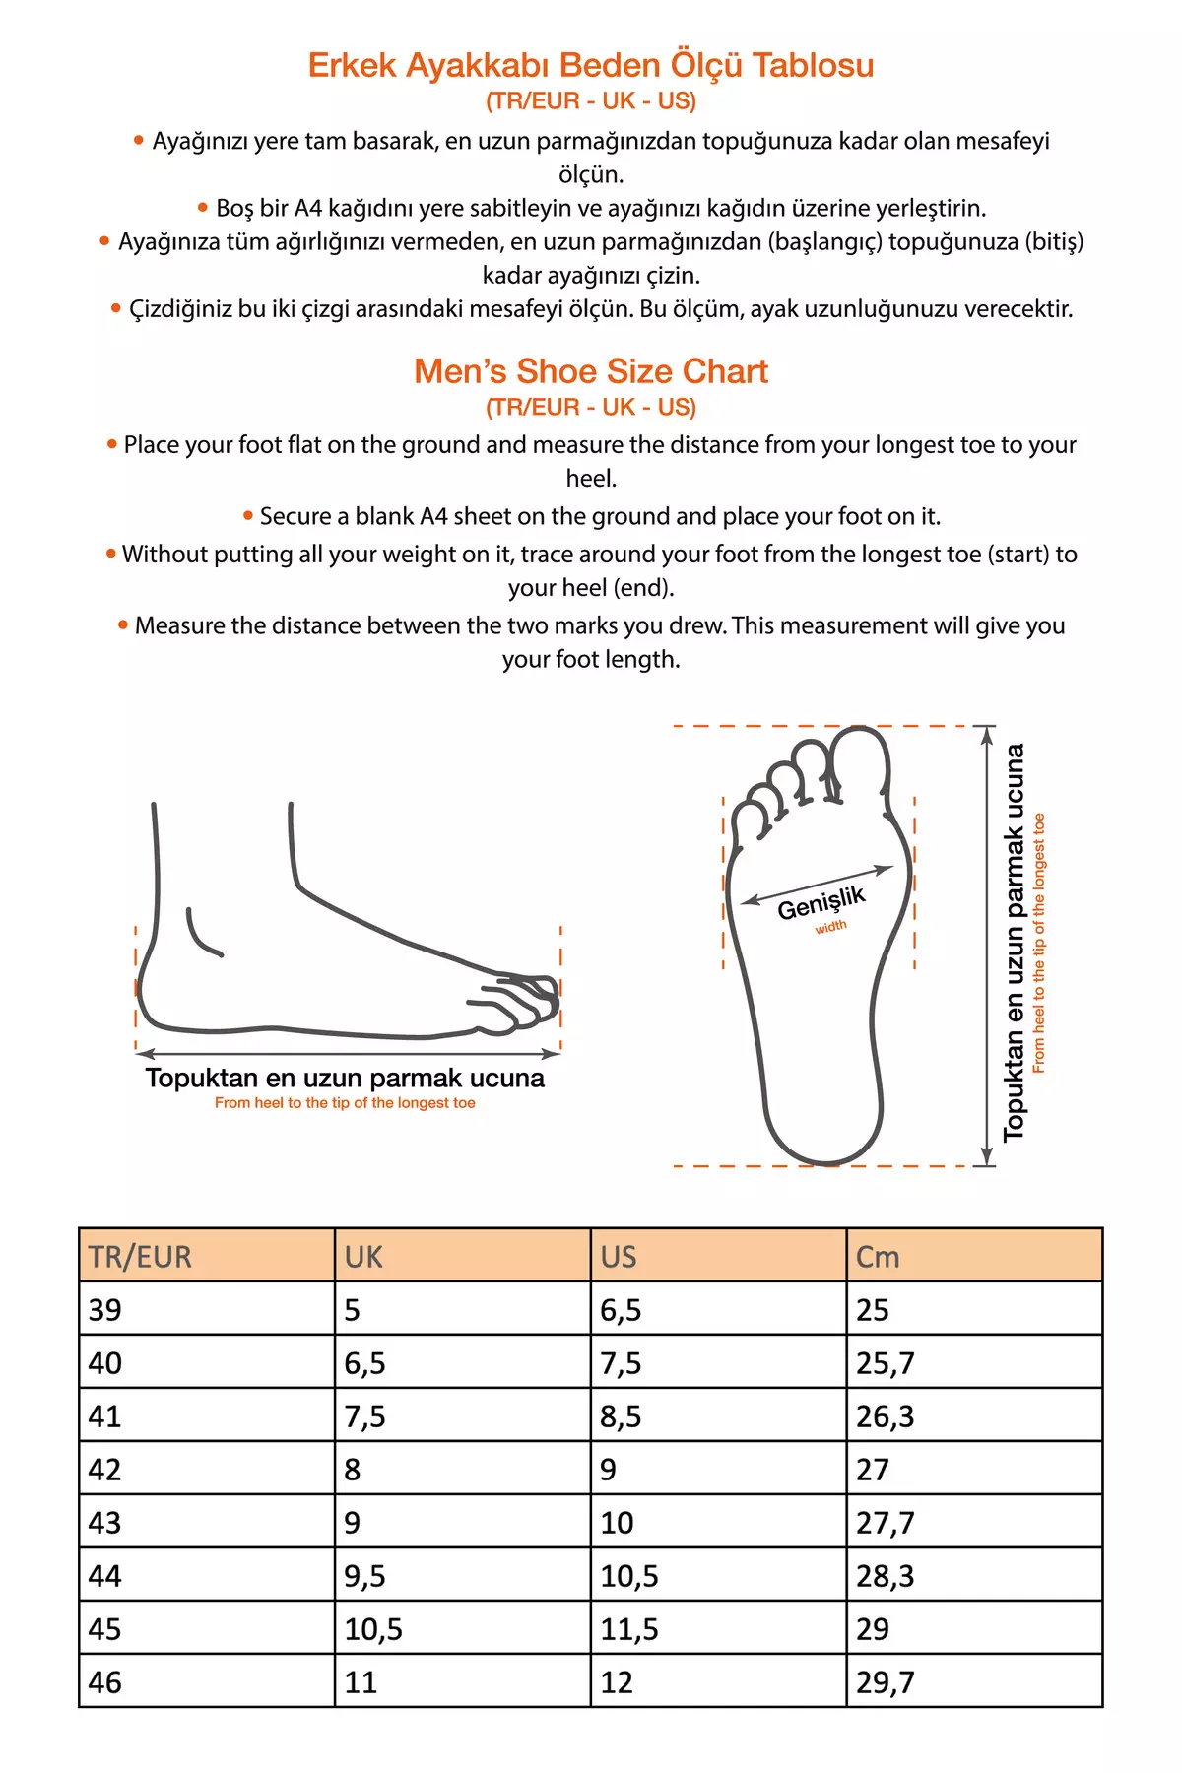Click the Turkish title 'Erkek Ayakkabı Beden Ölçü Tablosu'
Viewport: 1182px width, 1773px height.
pos(591,65)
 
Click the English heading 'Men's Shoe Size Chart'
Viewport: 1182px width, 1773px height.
pos(591,371)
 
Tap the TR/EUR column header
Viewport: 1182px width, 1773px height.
pos(140,1257)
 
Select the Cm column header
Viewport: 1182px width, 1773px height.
pos(878,1257)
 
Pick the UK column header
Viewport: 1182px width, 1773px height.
pos(363,1257)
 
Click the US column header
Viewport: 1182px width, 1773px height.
pos(619,1257)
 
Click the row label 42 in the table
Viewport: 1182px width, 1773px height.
pos(105,1470)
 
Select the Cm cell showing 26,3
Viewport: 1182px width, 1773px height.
pos(886,1416)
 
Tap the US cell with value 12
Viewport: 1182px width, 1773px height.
pos(617,1682)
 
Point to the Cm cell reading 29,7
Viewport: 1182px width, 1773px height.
pos(886,1682)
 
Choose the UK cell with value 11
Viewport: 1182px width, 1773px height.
pos(361,1682)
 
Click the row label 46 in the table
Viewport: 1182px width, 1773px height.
pos(105,1682)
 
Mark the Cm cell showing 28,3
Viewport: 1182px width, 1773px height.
pos(886,1576)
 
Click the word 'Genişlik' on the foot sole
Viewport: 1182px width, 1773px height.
pos(821,902)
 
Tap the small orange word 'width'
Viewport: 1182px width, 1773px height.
pos(830,927)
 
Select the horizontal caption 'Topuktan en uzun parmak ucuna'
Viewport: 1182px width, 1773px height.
pos(345,1078)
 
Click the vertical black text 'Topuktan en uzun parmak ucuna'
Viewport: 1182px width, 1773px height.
pos(1014,943)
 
